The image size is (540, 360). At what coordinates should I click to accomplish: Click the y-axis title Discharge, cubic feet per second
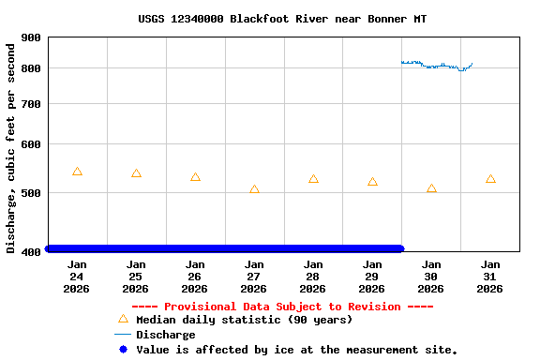[x=11, y=145]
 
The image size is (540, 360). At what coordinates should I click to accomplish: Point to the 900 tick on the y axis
[x=31, y=37]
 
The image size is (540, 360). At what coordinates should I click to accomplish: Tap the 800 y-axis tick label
[x=31, y=68]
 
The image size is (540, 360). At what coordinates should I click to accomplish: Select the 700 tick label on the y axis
[x=31, y=104]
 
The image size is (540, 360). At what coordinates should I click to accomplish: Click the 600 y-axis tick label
[x=31, y=144]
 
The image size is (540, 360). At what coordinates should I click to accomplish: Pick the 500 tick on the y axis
[x=31, y=193]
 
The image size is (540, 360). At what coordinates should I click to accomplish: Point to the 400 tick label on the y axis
[x=31, y=251]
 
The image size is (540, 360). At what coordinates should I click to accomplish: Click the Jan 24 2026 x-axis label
[x=77, y=277]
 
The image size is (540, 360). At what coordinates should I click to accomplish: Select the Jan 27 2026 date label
[x=254, y=277]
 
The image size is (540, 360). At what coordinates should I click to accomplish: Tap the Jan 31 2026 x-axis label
[x=490, y=277]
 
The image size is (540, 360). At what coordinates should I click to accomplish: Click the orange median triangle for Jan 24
[x=77, y=172]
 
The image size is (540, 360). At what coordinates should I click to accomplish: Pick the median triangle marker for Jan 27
[x=254, y=189]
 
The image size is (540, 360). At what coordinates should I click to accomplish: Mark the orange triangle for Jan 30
[x=431, y=188]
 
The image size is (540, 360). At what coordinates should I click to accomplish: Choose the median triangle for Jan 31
[x=490, y=179]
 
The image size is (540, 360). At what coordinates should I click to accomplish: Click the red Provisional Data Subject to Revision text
[x=282, y=307]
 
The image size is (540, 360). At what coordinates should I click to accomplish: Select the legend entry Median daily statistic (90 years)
[x=244, y=320]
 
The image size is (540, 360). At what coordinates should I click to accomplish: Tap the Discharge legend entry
[x=165, y=335]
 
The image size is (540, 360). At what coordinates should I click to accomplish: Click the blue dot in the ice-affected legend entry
[x=123, y=350]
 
